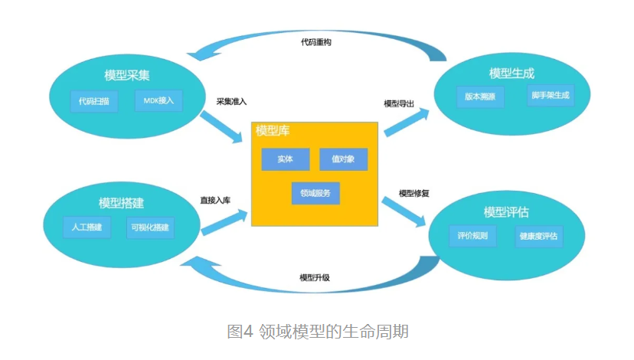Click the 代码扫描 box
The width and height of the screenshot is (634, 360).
coord(93,101)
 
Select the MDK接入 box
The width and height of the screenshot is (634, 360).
coord(158,100)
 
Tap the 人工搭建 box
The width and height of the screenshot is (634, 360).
coord(87,227)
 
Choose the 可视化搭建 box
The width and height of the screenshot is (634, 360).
coord(151,227)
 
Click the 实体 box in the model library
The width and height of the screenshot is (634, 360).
coord(285,159)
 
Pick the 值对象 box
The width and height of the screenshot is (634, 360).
coord(343,159)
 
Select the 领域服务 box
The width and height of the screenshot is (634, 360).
coord(315,193)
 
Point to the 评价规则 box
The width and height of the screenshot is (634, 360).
coord(472,235)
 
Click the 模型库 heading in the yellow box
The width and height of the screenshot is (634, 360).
coord(273,131)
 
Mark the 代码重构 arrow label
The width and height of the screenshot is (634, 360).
coord(315,42)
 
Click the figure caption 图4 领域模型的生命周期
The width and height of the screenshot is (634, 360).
coord(317,331)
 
